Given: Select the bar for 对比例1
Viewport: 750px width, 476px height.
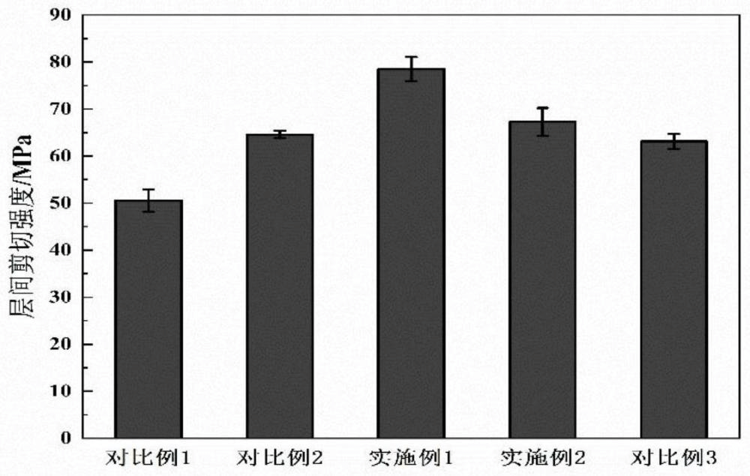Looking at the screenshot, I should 148,319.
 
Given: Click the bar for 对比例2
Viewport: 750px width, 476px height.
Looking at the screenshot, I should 280,286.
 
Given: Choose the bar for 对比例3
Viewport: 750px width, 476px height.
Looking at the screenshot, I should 673,289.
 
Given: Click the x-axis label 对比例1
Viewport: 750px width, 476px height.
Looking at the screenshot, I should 148,457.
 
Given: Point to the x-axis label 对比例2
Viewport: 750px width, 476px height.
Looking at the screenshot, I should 280,457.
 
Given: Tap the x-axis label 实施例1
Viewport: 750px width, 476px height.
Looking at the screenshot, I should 411,457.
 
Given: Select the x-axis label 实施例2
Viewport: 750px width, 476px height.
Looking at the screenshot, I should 542,457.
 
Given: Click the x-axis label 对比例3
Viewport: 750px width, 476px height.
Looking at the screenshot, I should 673,457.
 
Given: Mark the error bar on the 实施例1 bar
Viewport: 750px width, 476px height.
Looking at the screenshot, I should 411,68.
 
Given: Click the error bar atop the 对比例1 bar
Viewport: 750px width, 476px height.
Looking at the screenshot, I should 148,200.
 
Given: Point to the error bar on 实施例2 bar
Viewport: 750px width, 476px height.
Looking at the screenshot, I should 542,121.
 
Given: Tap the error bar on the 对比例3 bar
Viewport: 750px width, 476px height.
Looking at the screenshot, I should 673,141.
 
